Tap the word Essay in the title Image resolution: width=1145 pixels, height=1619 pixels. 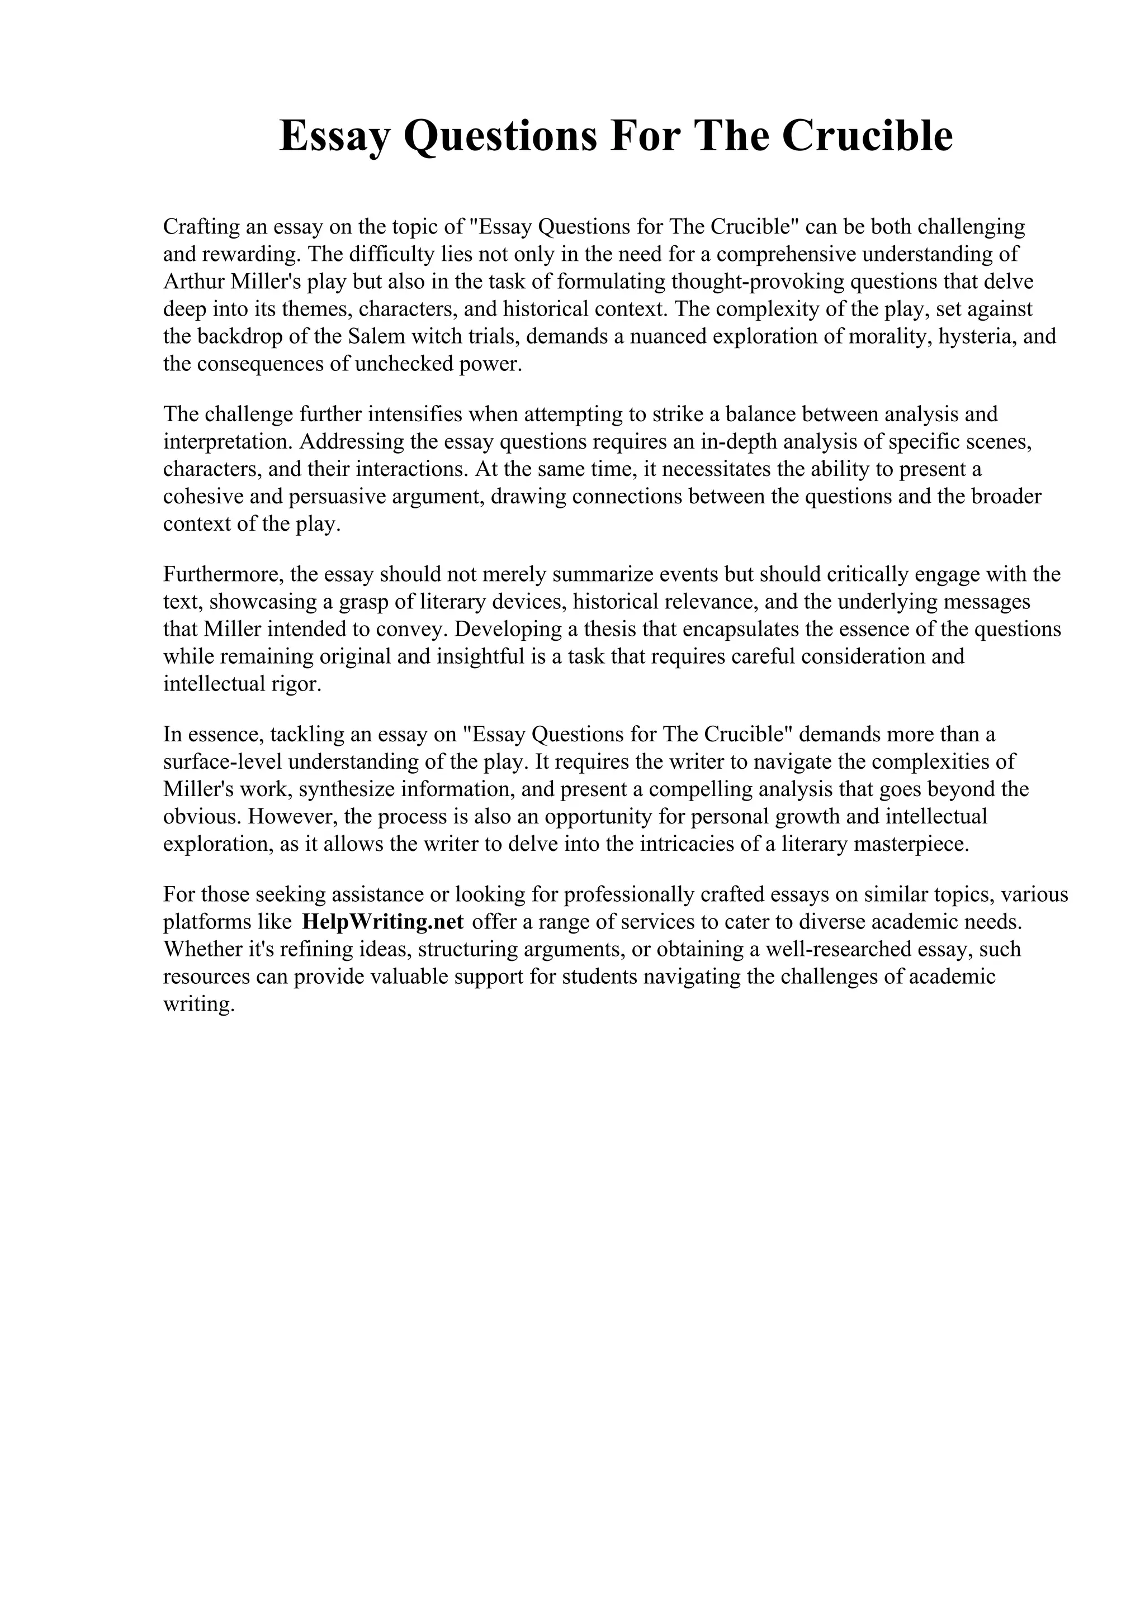pos(333,137)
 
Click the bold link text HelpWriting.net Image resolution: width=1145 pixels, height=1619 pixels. pos(382,922)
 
